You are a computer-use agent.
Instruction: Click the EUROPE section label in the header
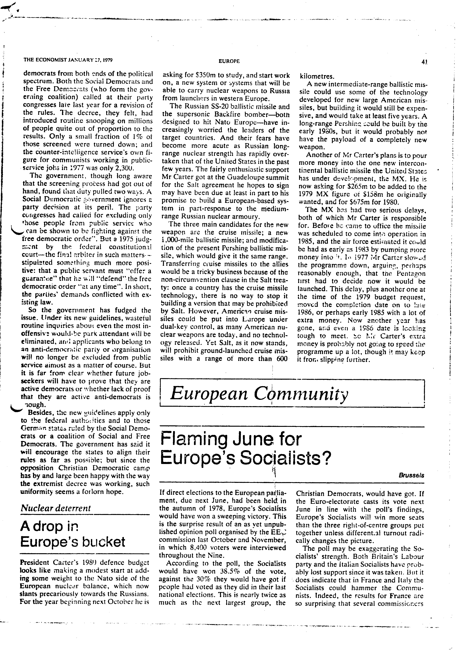[x=229, y=61]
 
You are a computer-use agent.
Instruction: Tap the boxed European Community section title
[x=259, y=394]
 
